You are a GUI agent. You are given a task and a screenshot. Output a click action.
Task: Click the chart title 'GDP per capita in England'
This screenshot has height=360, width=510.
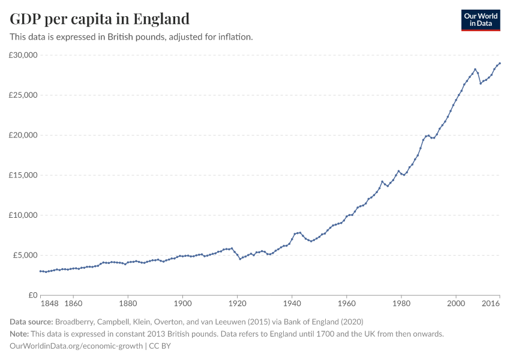(x=100, y=19)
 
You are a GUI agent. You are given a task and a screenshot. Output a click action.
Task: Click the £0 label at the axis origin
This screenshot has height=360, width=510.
(x=32, y=295)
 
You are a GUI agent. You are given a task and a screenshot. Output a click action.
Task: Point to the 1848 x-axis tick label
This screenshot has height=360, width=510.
(x=49, y=305)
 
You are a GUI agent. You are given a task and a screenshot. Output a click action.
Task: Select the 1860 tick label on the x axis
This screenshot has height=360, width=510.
(x=73, y=305)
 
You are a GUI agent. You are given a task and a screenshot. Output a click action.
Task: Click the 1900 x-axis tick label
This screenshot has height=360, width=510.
(x=182, y=305)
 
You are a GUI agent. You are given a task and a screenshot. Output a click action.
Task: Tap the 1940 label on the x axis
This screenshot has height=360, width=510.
(x=292, y=305)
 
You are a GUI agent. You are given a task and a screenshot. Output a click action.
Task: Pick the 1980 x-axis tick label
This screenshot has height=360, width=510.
(x=401, y=305)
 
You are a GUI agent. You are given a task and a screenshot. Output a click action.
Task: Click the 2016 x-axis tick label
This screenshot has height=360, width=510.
(x=491, y=305)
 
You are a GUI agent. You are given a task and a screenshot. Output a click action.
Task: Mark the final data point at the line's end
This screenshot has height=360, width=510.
(x=500, y=64)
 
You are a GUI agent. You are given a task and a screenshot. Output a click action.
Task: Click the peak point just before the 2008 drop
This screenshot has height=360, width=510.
(x=475, y=69)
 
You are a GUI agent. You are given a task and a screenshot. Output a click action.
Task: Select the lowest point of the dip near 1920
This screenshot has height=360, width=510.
(x=240, y=259)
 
